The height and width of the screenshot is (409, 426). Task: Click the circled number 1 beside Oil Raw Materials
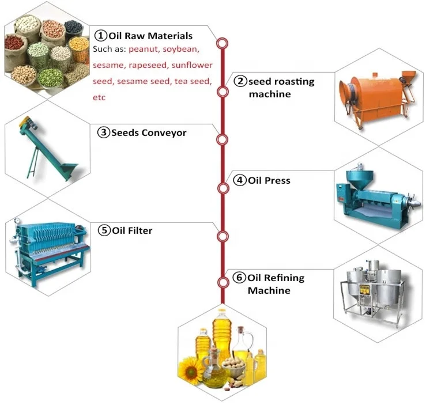click(100, 36)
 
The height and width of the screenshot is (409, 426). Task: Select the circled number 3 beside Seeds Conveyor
click(104, 133)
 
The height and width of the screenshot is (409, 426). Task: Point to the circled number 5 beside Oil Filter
click(104, 231)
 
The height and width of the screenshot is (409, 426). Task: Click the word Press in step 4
click(277, 180)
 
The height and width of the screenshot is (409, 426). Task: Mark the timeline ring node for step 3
click(222, 140)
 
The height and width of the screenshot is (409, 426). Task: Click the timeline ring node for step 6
click(222, 282)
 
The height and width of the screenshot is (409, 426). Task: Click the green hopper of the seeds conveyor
click(68, 170)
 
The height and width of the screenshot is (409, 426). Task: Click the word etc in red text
click(99, 97)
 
